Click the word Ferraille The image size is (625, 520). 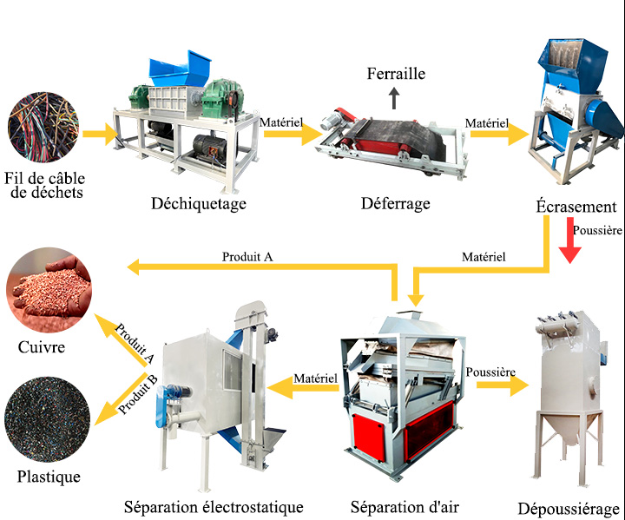coord(396,74)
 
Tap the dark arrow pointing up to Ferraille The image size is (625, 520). coord(394,98)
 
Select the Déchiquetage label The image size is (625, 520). coord(199,204)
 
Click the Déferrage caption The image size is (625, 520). coord(396,204)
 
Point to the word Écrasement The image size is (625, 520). coord(576,207)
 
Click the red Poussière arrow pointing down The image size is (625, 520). coord(569,240)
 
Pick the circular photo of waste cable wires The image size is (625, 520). coord(43,128)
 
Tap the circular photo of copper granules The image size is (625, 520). coord(49,290)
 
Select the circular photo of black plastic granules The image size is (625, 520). coord(47,419)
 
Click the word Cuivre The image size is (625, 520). coord(42,347)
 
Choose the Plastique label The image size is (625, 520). coord(49,477)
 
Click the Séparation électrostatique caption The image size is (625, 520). coord(214,507)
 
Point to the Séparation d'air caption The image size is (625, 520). coord(405,507)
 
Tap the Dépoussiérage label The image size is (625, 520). coord(569,510)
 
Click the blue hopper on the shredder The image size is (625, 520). coord(180,68)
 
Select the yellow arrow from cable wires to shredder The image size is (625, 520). coord(101,134)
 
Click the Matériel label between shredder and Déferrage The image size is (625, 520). coord(281,122)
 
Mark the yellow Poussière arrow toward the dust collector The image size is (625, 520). coord(503,385)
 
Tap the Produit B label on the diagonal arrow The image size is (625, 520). coord(138,395)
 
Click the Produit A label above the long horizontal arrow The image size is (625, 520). coord(247,257)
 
